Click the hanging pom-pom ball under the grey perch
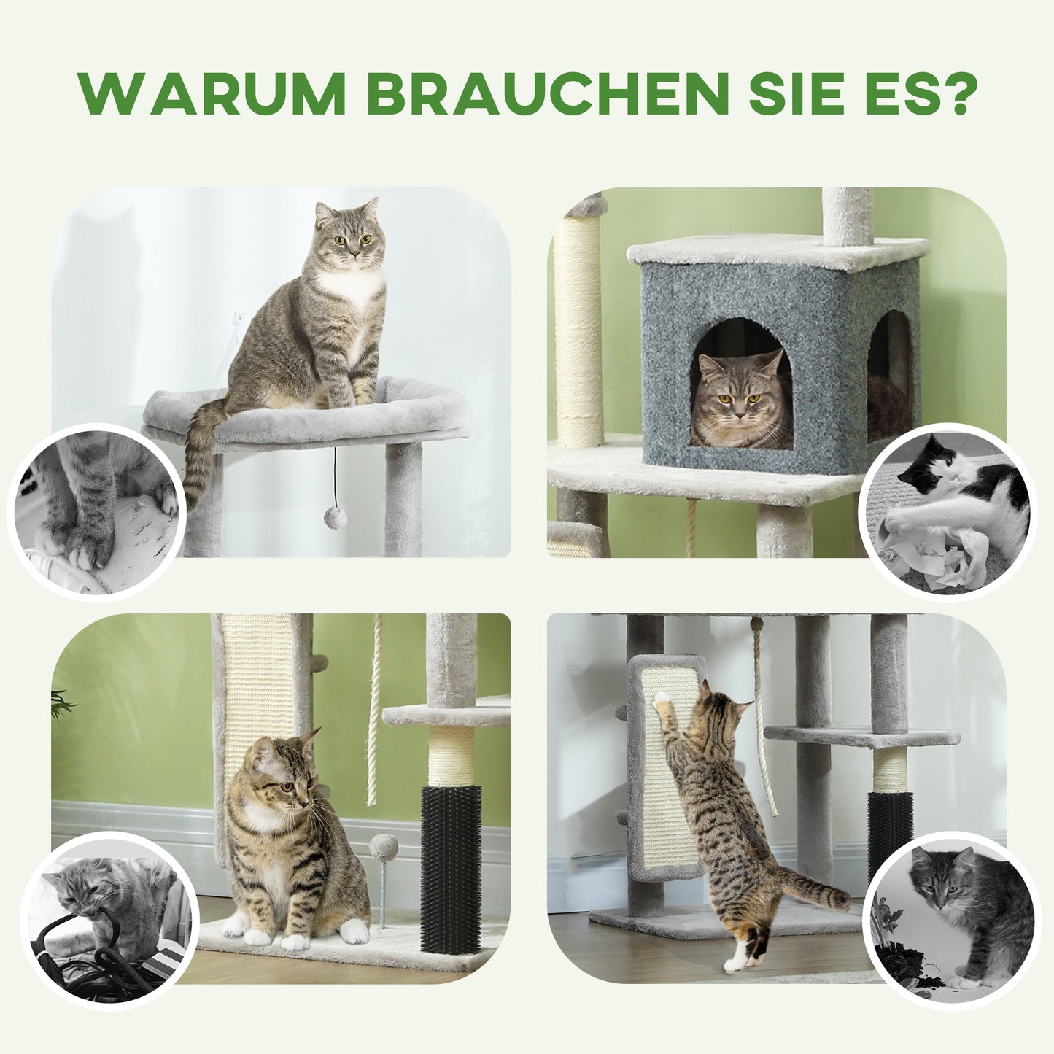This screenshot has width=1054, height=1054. pos(335,519)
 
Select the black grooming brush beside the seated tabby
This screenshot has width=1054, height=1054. pos(451,868)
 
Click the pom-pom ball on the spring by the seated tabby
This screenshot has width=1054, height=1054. pos(384,848)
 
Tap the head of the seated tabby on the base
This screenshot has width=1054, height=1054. pos(281,773)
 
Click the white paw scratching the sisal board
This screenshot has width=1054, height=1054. pos(662,700)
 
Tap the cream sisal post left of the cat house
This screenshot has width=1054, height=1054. pos(578,328)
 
